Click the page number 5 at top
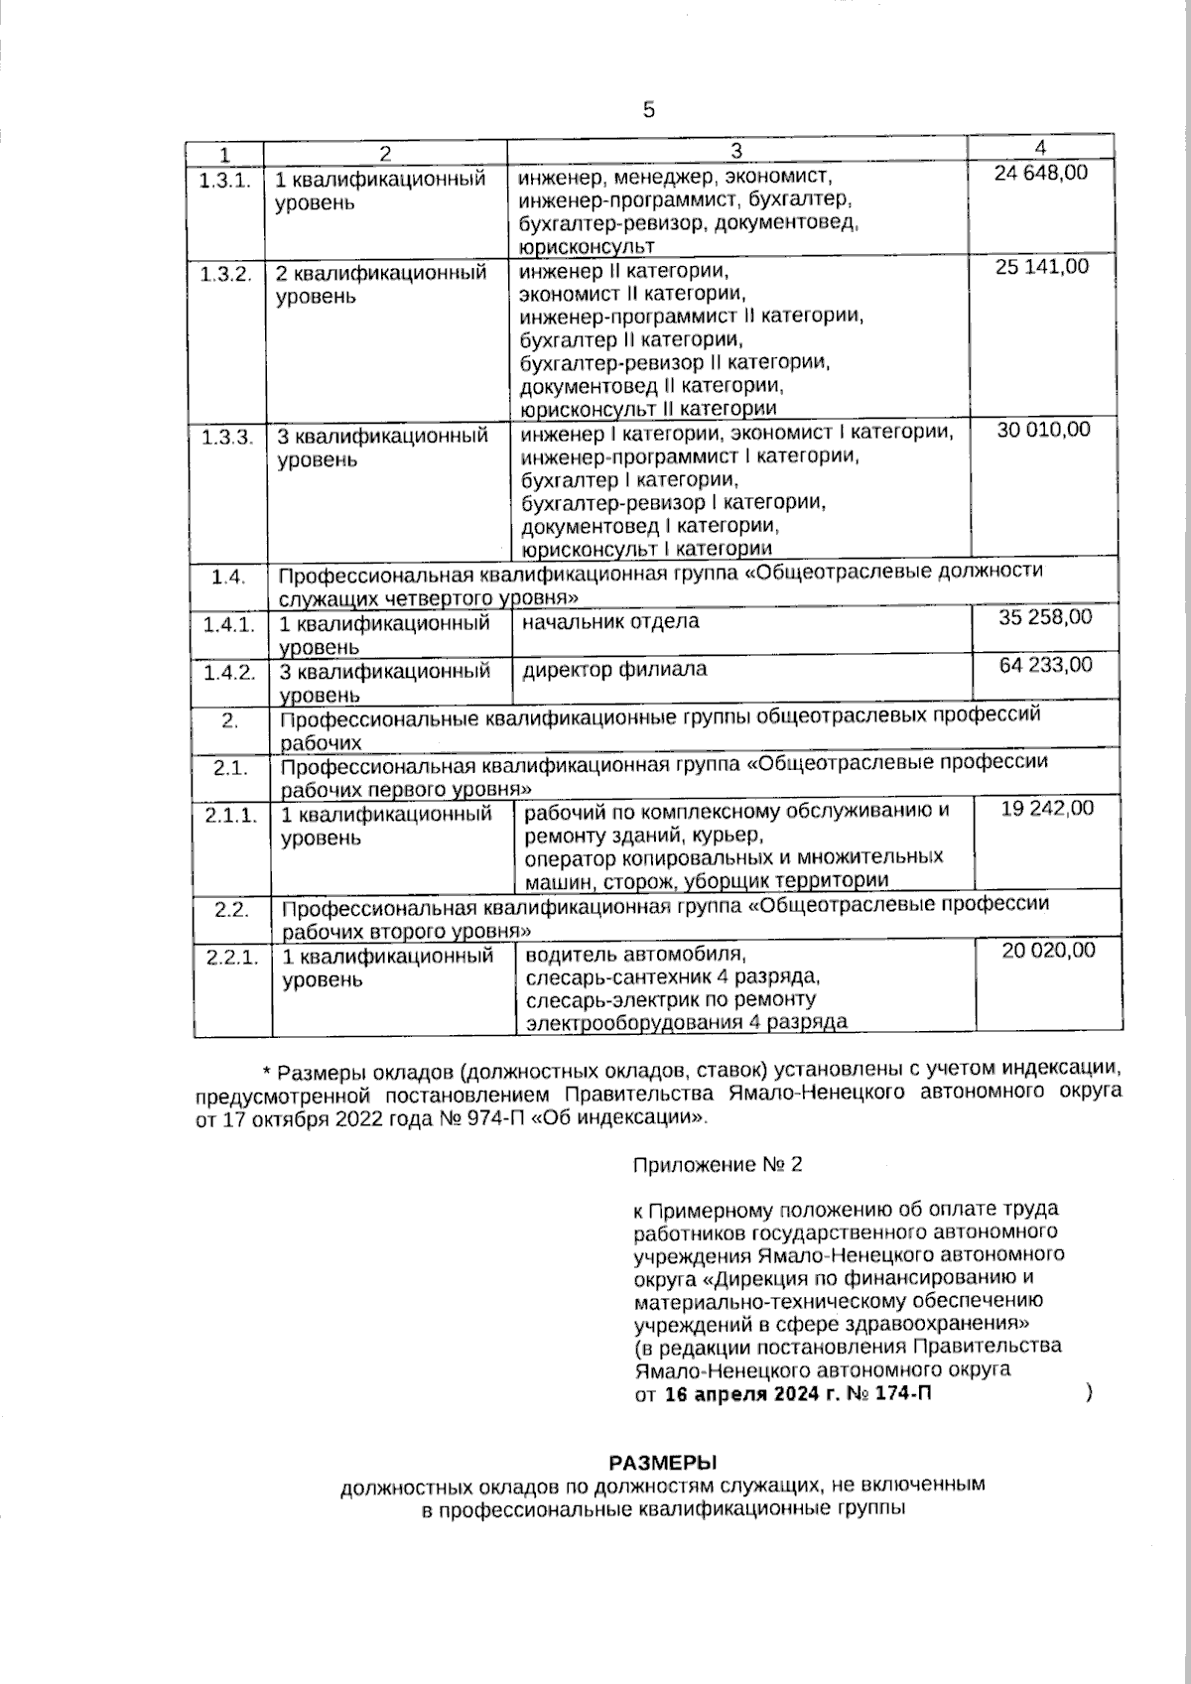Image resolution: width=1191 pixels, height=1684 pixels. click(x=649, y=110)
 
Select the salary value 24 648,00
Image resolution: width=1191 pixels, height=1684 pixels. click(x=1040, y=173)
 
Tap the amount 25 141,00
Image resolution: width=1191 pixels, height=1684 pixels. click(x=1041, y=267)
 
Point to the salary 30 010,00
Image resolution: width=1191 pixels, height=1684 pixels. click(x=1042, y=429)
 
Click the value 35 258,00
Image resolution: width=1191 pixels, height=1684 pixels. click(x=1044, y=617)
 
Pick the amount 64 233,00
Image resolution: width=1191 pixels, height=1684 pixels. click(x=1045, y=664)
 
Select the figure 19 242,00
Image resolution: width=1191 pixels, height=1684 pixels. click(x=1047, y=809)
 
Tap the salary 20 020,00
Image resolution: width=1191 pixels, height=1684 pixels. click(x=1048, y=951)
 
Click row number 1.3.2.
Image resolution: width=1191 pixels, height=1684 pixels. click(x=226, y=274)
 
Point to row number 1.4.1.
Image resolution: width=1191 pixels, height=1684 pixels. click(x=229, y=624)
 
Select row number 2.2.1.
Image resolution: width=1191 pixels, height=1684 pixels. click(x=232, y=958)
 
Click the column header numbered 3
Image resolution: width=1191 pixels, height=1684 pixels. click(x=735, y=151)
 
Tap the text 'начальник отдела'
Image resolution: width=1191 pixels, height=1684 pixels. click(x=610, y=622)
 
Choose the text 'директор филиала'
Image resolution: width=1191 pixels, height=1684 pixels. click(x=615, y=669)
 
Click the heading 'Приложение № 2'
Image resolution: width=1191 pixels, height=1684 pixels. click(x=717, y=1165)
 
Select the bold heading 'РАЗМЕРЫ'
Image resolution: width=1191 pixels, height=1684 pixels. click(x=661, y=1463)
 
